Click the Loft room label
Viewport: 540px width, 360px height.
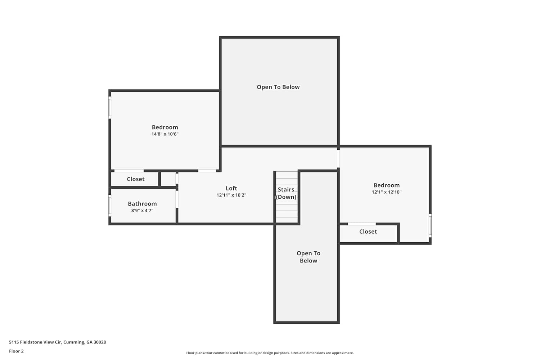point(231,188)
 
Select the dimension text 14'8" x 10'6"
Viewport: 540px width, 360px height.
point(165,134)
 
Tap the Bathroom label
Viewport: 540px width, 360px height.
point(142,204)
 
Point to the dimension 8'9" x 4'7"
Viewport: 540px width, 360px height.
point(142,211)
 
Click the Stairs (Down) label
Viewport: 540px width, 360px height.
point(286,193)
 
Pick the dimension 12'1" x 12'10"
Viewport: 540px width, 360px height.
point(386,192)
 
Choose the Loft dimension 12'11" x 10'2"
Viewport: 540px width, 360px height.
point(231,195)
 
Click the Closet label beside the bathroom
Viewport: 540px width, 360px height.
point(135,179)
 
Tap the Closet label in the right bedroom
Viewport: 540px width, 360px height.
point(368,232)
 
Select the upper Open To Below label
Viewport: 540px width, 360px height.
point(278,87)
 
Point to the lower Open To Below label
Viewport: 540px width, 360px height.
point(308,257)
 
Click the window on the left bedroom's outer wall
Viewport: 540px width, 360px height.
point(110,108)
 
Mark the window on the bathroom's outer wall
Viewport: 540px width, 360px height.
point(110,206)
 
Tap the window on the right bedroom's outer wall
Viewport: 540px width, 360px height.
point(430,225)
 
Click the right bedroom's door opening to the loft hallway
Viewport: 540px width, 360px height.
point(338,159)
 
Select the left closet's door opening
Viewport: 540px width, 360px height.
point(129,171)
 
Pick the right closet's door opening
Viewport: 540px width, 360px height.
point(361,224)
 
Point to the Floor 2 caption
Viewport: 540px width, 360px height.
point(17,351)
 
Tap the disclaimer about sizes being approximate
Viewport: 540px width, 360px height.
point(270,353)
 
